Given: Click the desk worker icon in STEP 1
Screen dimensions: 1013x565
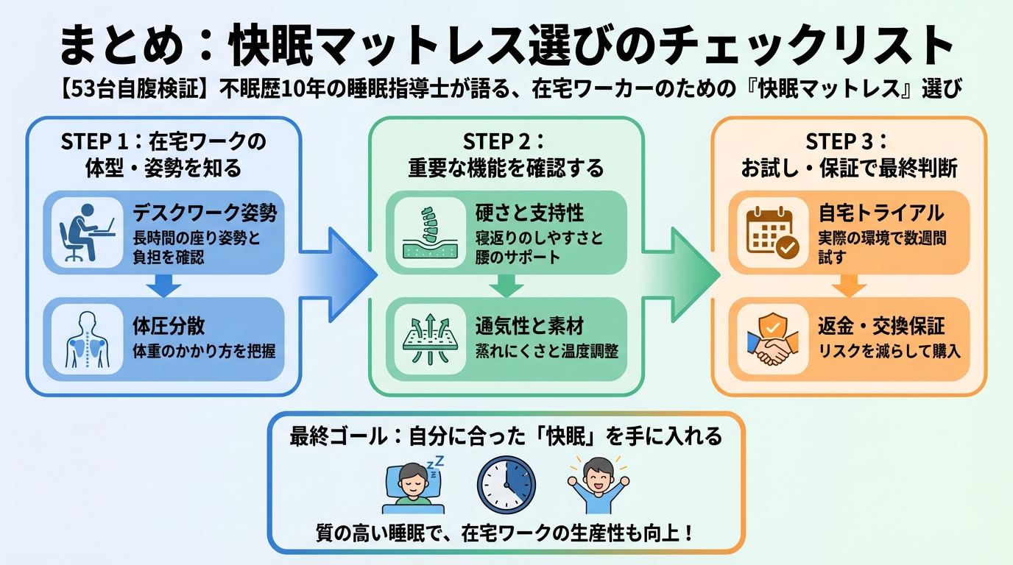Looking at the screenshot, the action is [x=86, y=232].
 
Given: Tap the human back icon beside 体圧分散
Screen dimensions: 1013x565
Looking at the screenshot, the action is [x=88, y=339].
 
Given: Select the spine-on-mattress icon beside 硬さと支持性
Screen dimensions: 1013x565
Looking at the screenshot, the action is [x=430, y=232].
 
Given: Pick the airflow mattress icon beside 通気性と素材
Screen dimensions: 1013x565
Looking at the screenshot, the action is [x=430, y=339].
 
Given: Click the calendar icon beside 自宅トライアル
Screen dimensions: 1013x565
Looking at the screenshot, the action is [x=772, y=232].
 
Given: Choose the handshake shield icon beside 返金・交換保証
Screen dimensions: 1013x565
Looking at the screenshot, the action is [x=772, y=339].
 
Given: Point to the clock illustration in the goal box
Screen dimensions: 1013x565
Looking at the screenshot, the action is [x=506, y=485].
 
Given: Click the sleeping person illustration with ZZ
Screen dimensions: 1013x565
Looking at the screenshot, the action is [x=413, y=486].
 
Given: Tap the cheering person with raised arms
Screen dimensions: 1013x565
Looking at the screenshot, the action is [x=599, y=485].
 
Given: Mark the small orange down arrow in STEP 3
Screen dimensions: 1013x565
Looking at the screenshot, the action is [x=849, y=286].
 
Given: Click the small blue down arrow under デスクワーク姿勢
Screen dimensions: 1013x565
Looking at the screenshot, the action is [x=163, y=286].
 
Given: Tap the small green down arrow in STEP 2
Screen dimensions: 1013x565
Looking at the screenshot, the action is [x=506, y=286].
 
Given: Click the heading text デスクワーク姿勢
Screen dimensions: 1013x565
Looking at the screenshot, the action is [x=205, y=213].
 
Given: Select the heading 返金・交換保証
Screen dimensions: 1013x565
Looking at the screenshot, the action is [x=881, y=326].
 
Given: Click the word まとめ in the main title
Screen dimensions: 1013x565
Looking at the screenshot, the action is [x=121, y=46].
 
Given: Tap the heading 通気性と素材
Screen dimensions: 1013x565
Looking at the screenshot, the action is [x=529, y=326].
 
